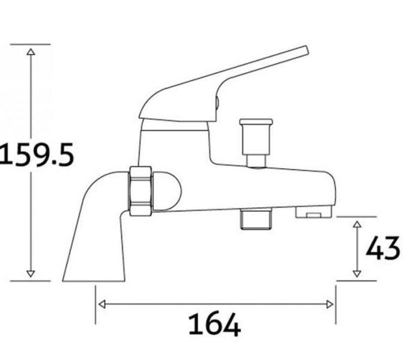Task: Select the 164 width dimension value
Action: point(214,325)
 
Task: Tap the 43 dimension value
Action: point(383,248)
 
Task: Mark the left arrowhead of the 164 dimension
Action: point(102,304)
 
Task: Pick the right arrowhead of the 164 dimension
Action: point(330,304)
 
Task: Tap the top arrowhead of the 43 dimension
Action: point(357,225)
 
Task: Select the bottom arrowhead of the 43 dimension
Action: point(357,273)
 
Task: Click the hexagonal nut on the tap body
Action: point(141,191)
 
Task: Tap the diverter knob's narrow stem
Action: point(256,160)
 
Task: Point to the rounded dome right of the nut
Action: point(167,190)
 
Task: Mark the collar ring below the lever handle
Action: point(174,124)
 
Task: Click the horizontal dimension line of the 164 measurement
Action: point(216,304)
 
